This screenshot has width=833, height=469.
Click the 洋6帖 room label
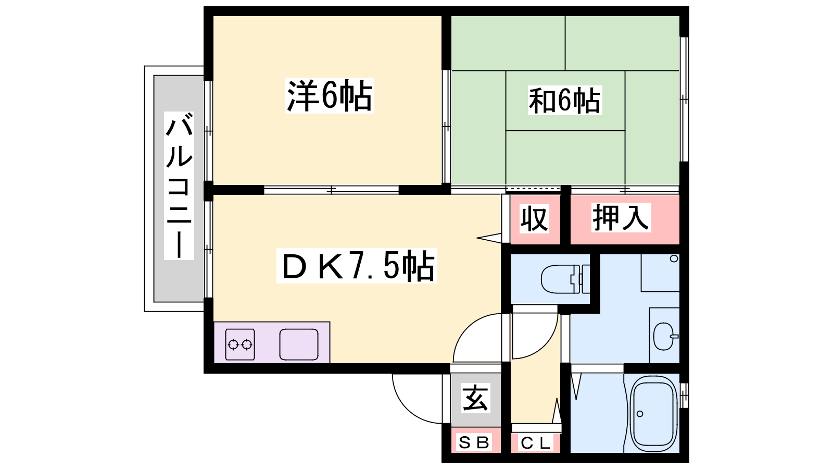(330, 95)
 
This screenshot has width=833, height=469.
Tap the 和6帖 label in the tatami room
(564, 101)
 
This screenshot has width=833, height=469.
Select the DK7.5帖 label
(357, 266)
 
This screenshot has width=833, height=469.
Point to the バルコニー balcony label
(179, 186)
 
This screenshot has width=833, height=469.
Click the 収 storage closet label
(534, 219)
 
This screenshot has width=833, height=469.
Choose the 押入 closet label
(621, 217)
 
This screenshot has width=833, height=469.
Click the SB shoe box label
(474, 442)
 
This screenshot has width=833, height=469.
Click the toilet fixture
(565, 279)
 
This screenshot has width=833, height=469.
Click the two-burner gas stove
(240, 344)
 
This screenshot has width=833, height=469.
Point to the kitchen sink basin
(299, 344)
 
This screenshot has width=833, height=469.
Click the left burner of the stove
(233, 345)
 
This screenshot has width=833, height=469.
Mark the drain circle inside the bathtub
(640, 414)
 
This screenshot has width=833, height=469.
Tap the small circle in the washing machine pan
(674, 258)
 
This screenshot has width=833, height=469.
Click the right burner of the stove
(247, 345)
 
